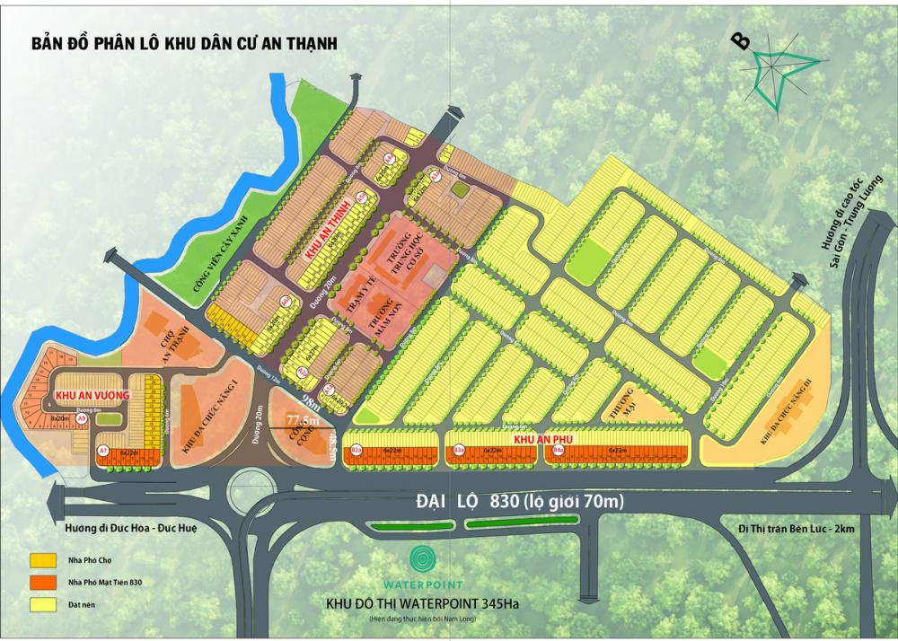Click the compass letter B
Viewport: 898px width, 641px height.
point(741,41)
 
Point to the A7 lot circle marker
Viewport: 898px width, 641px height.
point(103,449)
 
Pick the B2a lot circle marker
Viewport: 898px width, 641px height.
point(357,450)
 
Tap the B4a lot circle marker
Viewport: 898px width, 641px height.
point(557,450)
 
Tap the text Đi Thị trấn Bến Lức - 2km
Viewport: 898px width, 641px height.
point(793,529)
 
